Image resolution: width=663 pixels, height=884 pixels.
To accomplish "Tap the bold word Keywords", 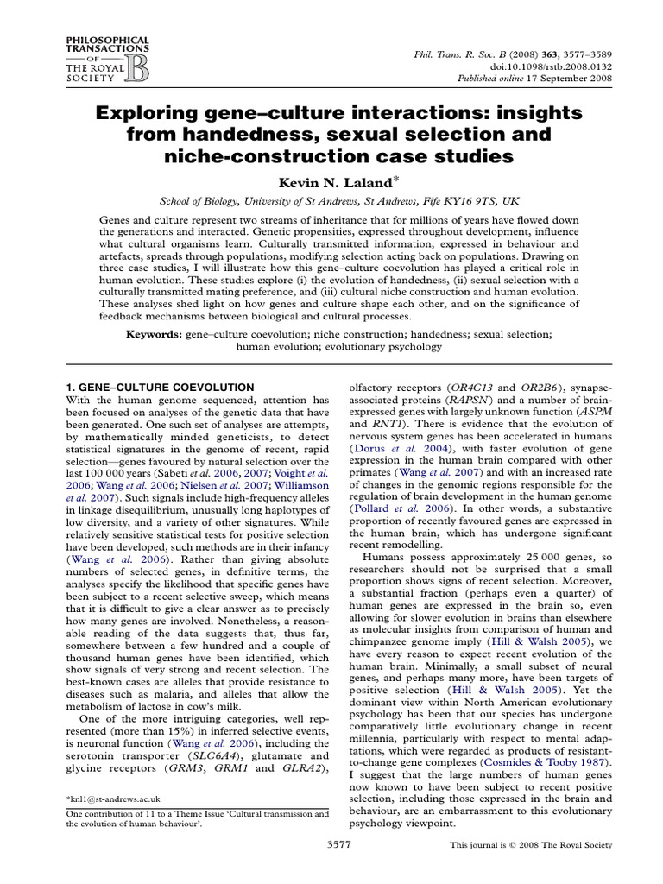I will pyautogui.click(x=155, y=332).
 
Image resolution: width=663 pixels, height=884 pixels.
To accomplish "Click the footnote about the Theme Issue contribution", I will pyautogui.click(x=198, y=818).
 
